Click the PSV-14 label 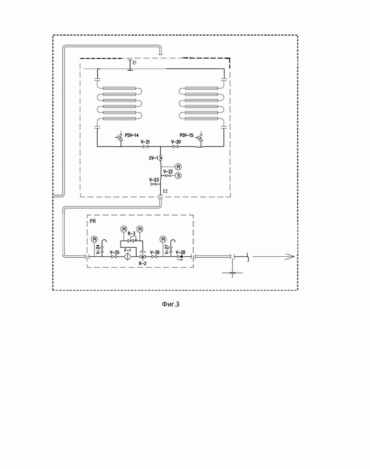pos(132,135)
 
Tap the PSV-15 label pos(186,135)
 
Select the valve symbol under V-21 pos(146,147)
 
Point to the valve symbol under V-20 pos(176,147)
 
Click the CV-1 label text pos(154,158)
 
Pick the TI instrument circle pos(178,176)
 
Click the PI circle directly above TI pos(178,167)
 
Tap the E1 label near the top pos(135,63)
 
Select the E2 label pos(165,191)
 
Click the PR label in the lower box pos(92,221)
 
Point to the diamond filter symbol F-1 pos(128,257)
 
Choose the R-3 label pos(131,234)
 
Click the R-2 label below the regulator pos(143,263)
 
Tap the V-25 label pos(114,252)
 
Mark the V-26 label pos(155,252)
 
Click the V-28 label pos(181,252)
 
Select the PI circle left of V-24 pos(94,239)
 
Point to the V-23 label pos(154,180)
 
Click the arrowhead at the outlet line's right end pos(290,257)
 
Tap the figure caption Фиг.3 pos(171,304)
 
